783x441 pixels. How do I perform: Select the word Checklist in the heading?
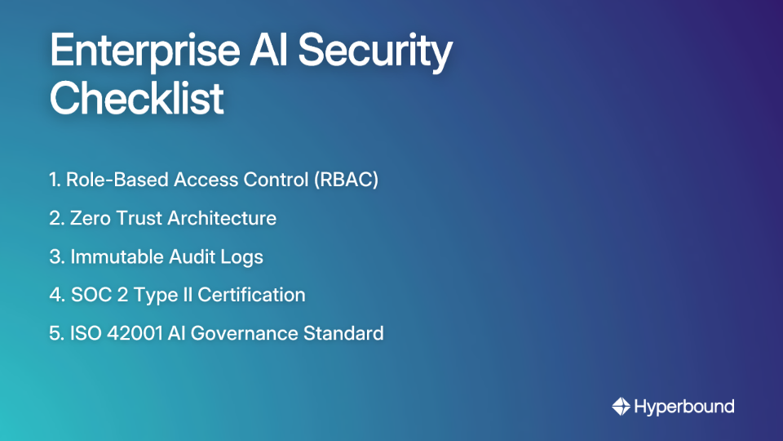click(136, 99)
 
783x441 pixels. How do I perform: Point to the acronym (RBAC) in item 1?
click(347, 180)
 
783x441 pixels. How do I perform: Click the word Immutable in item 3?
click(117, 257)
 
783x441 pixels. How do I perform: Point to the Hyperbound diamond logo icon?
click(621, 406)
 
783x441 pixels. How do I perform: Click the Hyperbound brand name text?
click(683, 406)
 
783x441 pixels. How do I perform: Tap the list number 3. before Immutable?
click(56, 257)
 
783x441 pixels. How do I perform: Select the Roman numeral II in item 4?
click(189, 295)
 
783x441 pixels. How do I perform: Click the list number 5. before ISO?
click(56, 333)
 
